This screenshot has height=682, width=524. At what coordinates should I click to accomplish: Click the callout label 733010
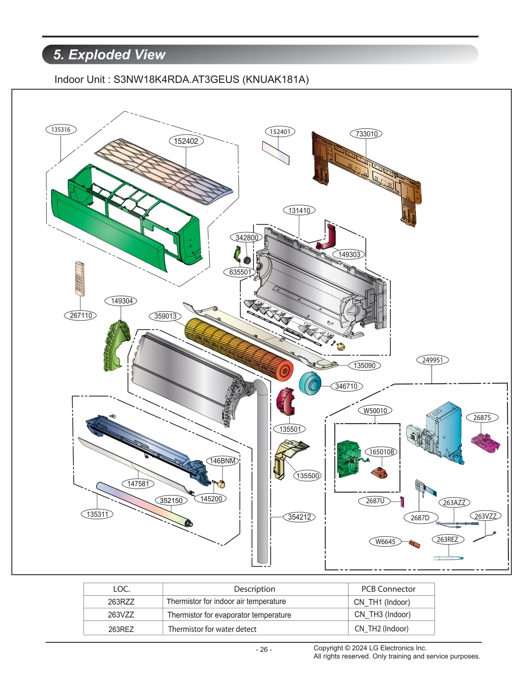(366, 134)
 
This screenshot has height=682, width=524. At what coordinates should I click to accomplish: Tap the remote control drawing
(80, 278)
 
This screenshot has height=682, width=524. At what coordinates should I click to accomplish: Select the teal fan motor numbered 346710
(309, 383)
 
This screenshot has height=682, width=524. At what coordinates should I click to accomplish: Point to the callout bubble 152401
(280, 132)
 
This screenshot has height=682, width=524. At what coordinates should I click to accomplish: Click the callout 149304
(121, 301)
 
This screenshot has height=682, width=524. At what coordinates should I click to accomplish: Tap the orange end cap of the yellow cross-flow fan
(284, 370)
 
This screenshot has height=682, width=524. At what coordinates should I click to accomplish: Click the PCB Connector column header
(388, 589)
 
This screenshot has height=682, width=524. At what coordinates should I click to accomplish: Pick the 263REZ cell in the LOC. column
(121, 629)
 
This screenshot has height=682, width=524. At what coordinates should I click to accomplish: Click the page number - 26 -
(264, 649)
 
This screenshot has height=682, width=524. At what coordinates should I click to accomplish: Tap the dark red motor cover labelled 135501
(285, 402)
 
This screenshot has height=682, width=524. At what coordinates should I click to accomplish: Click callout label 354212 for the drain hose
(299, 517)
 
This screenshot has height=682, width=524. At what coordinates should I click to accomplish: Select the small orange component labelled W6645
(414, 544)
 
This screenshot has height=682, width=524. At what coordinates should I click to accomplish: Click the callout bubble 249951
(432, 360)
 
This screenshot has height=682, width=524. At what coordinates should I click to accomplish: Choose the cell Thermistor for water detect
(212, 629)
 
